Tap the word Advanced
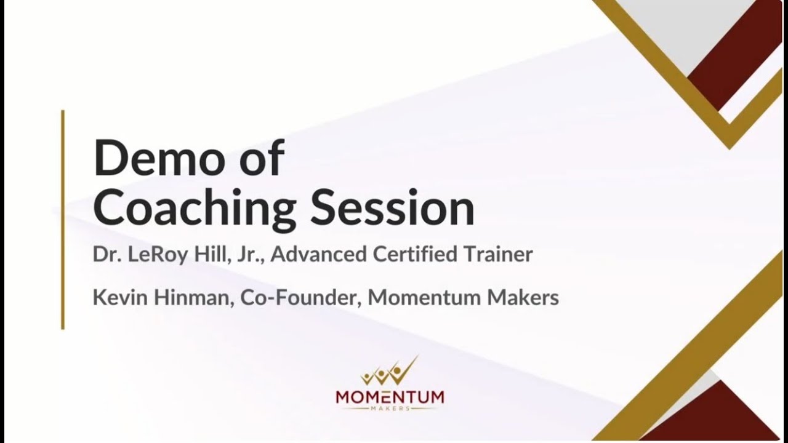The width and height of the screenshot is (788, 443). (x=320, y=255)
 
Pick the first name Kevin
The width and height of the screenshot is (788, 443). (x=115, y=298)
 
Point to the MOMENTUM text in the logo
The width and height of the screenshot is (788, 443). (x=390, y=397)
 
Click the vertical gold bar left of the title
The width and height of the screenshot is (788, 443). (x=63, y=220)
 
